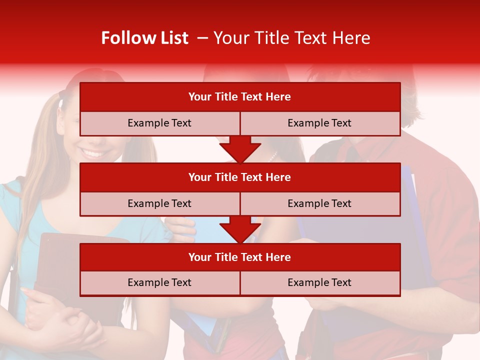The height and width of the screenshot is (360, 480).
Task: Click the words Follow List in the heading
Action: click(144, 38)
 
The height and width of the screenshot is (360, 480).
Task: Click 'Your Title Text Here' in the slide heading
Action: click(291, 38)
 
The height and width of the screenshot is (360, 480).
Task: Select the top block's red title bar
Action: click(240, 97)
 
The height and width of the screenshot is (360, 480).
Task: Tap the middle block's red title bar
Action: click(240, 177)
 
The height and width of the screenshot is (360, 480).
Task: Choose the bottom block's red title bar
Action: click(240, 257)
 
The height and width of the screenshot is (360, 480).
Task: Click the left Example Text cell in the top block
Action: click(159, 123)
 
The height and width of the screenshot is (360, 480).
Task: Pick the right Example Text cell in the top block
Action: click(320, 123)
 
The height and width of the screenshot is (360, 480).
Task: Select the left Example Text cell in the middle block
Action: click(159, 203)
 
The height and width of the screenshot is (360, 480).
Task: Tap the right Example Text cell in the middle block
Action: click(320, 203)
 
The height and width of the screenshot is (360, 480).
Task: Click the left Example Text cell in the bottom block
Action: click(159, 282)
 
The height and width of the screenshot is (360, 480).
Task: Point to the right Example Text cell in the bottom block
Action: click(320, 282)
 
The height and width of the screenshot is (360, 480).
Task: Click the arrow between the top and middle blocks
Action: click(240, 149)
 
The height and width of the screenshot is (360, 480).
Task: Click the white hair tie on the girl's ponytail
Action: click(61, 102)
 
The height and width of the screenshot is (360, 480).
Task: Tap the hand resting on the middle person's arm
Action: click(180, 227)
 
